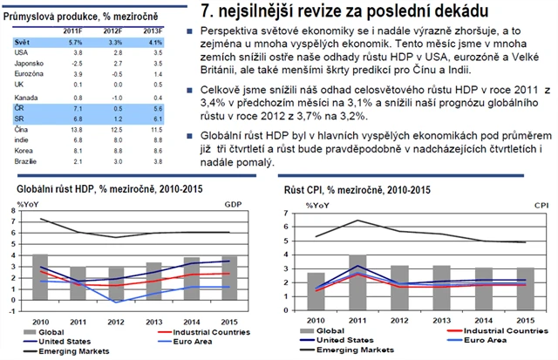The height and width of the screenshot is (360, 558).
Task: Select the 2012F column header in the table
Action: coord(112,31)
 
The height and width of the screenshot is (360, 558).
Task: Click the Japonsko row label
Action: coord(28,64)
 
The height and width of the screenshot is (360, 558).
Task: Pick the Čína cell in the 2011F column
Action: coord(76,129)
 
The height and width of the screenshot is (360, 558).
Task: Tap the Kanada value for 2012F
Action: coord(113,97)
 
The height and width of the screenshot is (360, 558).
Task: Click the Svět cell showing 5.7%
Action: coord(76,42)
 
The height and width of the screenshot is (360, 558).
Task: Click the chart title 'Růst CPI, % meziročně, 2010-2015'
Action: coord(357,190)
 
